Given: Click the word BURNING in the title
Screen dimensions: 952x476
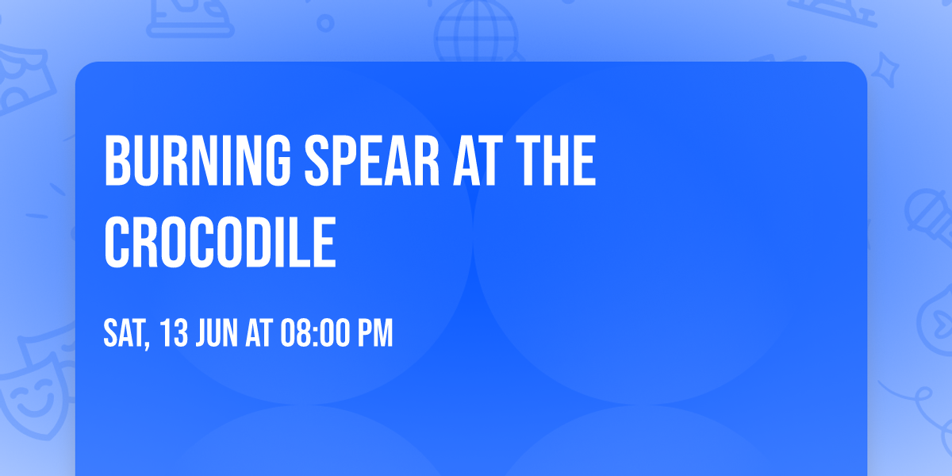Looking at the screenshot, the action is pyautogui.click(x=198, y=160).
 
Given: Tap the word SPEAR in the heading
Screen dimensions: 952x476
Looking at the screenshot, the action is pyautogui.click(x=372, y=160).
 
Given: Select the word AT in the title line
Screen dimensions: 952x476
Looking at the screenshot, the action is pyautogui.click(x=474, y=160).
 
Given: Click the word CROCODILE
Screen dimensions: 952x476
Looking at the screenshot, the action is pyautogui.click(x=221, y=242).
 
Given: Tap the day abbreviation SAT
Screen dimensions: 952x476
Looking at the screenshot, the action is pyautogui.click(x=124, y=333).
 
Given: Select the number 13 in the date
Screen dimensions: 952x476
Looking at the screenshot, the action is pyautogui.click(x=175, y=333).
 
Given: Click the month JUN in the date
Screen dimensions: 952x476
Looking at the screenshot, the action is pyautogui.click(x=217, y=333).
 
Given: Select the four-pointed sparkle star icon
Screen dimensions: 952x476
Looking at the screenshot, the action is pyautogui.click(x=885, y=70).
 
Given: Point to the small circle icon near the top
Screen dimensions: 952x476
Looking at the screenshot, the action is pyautogui.click(x=325, y=23).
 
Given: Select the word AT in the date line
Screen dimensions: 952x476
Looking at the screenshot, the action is pyautogui.click(x=259, y=333).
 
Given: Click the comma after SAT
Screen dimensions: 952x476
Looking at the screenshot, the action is pyautogui.click(x=147, y=345).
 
